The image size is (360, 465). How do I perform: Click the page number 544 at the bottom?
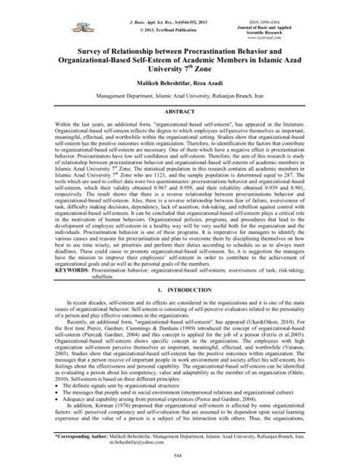click(180, 454)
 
